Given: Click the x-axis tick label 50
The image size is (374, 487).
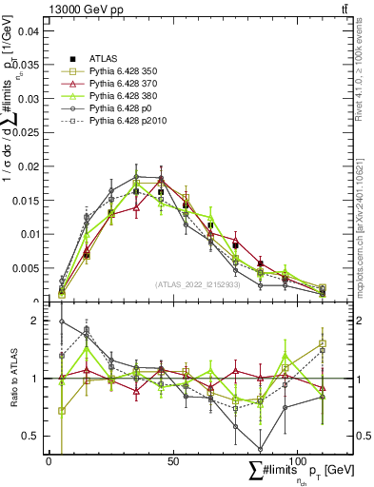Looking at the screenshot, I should (172, 460).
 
